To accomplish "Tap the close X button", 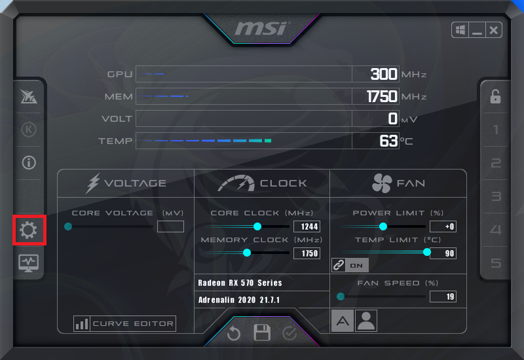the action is point(494,29).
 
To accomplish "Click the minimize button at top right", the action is point(477,29).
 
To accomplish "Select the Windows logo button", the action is point(460,29).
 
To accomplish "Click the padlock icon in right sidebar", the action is point(495,96).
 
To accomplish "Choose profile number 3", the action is point(496,196).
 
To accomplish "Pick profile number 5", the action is point(496,263).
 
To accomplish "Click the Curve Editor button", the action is point(125,323).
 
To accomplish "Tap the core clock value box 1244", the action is point(307,226).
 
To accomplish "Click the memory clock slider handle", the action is point(247,253).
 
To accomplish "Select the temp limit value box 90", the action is point(443,253).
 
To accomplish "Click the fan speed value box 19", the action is point(443,297).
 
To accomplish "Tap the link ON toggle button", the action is point(350,265).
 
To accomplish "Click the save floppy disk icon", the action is point(262,333).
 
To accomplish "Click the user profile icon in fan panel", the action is point(365,320).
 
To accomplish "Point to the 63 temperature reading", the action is point(388,140).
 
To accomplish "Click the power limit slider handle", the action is point(383,226).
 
